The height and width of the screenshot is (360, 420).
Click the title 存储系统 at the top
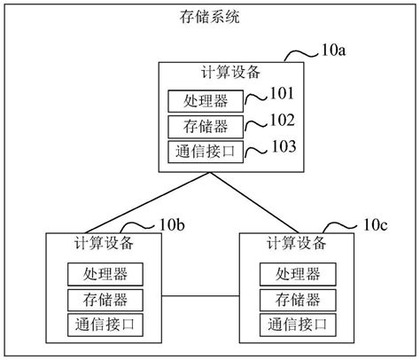click(209, 17)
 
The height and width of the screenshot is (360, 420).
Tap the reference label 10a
click(333, 51)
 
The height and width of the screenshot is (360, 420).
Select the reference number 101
click(282, 93)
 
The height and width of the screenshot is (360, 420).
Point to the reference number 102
click(283, 120)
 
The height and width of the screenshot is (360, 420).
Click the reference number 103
click(284, 146)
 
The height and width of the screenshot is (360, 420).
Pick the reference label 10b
click(172, 225)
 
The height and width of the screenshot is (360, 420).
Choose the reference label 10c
click(375, 225)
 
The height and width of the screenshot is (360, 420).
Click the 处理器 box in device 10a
click(206, 101)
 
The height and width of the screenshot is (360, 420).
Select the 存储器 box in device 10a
click(206, 127)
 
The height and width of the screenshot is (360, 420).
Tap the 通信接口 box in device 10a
click(206, 152)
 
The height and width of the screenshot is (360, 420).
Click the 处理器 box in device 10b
click(105, 274)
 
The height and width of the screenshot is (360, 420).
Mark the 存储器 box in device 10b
click(105, 300)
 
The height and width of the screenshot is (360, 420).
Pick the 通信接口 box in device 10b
click(105, 325)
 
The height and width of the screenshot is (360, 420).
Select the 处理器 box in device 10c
click(298, 274)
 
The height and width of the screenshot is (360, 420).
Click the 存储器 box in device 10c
click(298, 300)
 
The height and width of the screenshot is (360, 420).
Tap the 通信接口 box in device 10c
click(298, 325)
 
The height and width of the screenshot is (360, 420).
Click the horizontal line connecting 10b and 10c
click(200, 296)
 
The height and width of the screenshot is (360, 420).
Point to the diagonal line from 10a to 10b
click(148, 203)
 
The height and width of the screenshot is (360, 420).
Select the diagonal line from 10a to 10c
click(254, 203)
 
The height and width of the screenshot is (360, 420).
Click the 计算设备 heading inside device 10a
click(230, 72)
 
